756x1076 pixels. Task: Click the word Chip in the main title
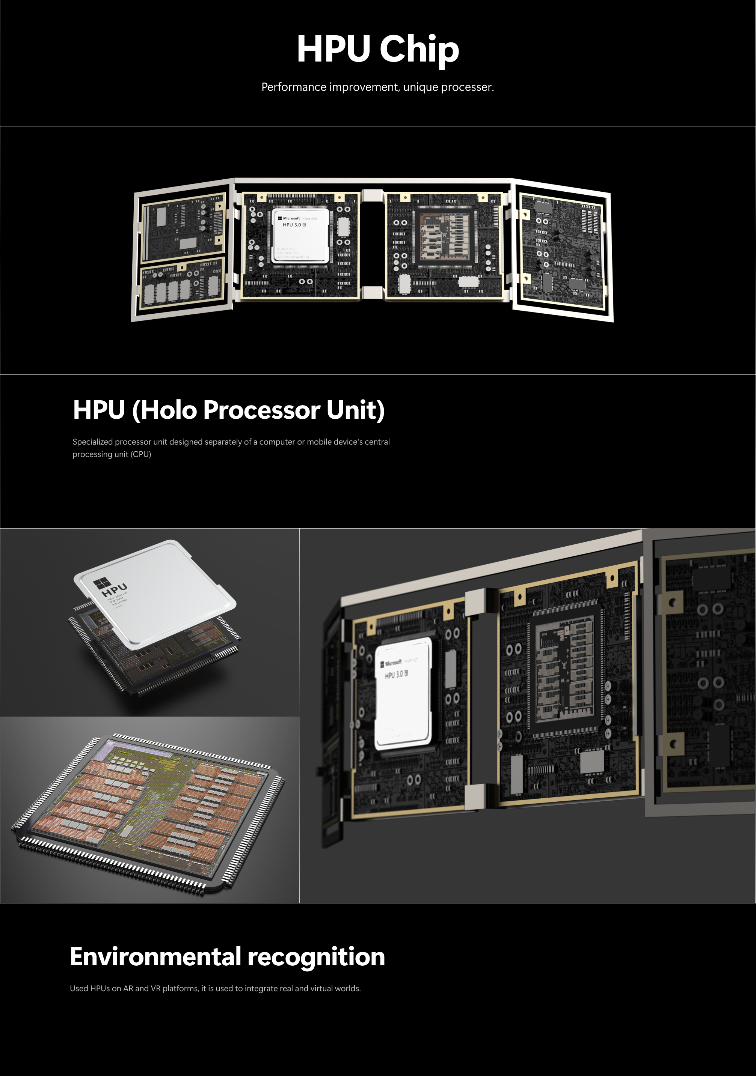[419, 50]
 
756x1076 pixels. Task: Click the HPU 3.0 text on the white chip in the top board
[292, 225]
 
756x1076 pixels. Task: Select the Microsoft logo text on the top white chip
[291, 218]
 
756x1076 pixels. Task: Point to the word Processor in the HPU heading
[262, 410]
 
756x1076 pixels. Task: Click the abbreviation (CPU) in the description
[141, 454]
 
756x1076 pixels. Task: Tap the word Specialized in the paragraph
[92, 442]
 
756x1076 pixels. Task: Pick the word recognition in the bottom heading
[316, 957]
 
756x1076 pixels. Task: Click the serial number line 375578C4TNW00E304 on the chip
[293, 257]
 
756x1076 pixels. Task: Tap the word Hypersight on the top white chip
[309, 218]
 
